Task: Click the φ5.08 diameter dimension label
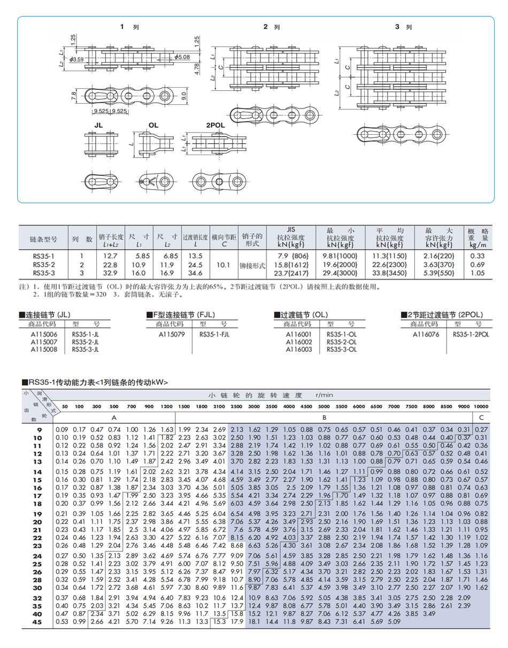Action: (x=182, y=57)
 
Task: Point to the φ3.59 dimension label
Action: (x=76, y=59)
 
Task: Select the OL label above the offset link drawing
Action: (x=153, y=125)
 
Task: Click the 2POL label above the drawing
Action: (x=215, y=125)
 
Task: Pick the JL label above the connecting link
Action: (x=98, y=125)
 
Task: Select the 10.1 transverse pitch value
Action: (x=224, y=264)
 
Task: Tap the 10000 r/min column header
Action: (x=481, y=407)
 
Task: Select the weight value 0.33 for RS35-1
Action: (x=477, y=256)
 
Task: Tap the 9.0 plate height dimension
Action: (x=184, y=96)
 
